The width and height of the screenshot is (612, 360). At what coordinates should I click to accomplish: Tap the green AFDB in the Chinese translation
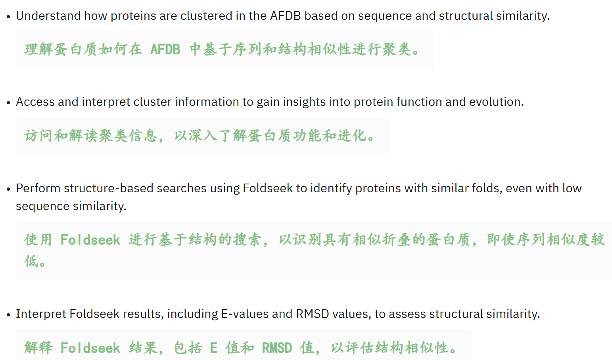pyautogui.click(x=165, y=50)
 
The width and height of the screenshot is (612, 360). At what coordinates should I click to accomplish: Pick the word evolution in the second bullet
pyautogui.click(x=496, y=102)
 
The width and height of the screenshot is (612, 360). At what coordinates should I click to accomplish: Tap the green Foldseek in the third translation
pyautogui.click(x=90, y=240)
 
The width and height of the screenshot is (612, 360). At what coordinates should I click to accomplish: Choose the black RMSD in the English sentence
pyautogui.click(x=313, y=314)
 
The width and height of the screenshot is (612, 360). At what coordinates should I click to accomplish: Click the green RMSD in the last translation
pyautogui.click(x=277, y=348)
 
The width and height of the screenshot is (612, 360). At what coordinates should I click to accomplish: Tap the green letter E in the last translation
pyautogui.click(x=213, y=348)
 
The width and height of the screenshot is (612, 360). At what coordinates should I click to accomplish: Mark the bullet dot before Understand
pyautogui.click(x=8, y=17)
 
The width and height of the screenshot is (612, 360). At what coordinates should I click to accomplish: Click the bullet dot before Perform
pyautogui.click(x=8, y=189)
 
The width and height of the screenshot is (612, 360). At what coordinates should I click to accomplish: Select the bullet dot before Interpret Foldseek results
pyautogui.click(x=8, y=315)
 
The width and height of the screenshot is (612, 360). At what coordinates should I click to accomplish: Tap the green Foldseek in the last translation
pyautogui.click(x=90, y=348)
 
